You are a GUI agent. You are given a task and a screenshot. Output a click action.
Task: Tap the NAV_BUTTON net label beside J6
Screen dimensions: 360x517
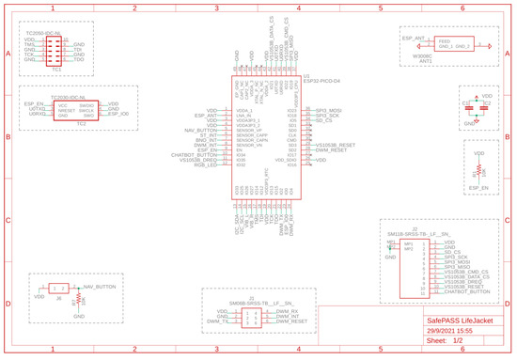click(x=100, y=286)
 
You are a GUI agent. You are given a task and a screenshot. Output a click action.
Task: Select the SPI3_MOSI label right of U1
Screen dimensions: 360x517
click(x=328, y=110)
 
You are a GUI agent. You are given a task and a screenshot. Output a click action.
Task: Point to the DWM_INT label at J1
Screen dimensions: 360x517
click(x=288, y=316)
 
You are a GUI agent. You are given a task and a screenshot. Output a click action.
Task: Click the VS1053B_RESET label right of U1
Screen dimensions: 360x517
click(x=335, y=145)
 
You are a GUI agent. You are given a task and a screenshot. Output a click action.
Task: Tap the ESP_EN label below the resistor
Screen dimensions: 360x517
click(x=479, y=189)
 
